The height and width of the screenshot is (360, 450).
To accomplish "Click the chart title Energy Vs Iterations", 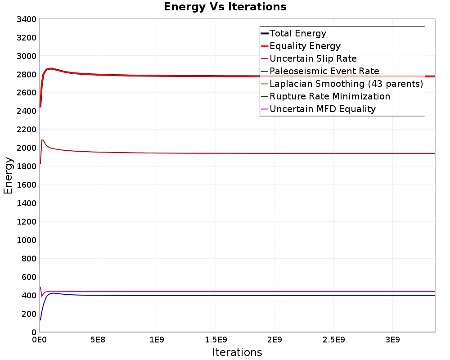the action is coord(225,7).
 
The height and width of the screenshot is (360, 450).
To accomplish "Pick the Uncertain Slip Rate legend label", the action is coord(313,58).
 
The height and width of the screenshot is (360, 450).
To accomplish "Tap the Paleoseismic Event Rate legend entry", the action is coord(324,71).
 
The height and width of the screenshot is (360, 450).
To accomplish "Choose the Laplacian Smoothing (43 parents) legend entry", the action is coord(346,84).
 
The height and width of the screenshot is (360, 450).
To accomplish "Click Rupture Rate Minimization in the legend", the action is coord(330,96).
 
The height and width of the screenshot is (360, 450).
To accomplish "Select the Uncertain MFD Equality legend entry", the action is coord(323,109).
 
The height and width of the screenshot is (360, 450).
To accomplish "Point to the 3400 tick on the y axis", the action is coord(27,19).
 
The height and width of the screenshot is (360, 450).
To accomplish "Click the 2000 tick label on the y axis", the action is coord(27,148).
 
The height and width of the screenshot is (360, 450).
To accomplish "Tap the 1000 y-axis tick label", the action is coord(27,240).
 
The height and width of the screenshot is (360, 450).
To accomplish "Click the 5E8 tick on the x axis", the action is coord(98,340).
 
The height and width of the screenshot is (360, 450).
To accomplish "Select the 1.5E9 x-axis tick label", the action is coord(216,340).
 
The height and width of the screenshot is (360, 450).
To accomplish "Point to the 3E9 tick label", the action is coord(392,340).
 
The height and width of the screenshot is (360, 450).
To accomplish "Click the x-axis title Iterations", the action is coord(237,352).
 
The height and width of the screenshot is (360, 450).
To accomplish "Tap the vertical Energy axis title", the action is coord(8,175).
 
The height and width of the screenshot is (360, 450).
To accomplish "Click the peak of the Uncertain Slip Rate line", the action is coord(42,140).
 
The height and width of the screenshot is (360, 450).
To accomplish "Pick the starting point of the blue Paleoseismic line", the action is coord(40,320).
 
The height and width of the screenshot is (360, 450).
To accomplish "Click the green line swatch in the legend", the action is coord(265,84).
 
